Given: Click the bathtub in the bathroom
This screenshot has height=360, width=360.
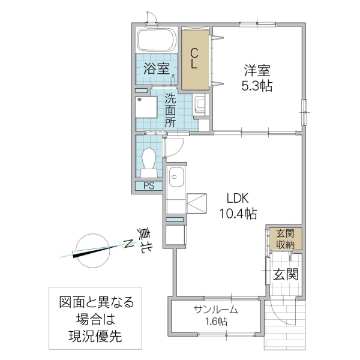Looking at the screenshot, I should click(156, 41).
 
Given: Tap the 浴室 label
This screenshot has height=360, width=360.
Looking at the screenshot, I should click(156, 69).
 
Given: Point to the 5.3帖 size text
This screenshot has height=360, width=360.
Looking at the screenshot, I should click(256, 86).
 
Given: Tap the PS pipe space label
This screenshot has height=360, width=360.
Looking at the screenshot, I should click(148, 186).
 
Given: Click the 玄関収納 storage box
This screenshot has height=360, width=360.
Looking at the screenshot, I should click(285, 238).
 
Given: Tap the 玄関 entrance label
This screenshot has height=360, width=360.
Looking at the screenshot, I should click(286, 275).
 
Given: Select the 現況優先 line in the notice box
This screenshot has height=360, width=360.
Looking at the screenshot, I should click(95, 337).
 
